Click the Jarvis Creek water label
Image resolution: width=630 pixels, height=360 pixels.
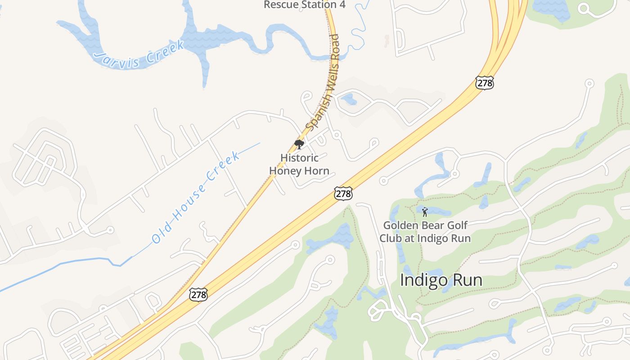tap(139, 55)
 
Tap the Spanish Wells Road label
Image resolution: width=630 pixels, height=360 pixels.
tap(323, 82)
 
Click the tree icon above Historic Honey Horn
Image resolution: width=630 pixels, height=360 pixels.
tap(299, 144)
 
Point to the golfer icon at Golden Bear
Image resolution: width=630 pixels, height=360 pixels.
tap(425, 211)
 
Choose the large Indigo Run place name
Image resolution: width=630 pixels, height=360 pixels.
tap(441, 280)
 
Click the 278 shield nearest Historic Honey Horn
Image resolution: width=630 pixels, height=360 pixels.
tap(343, 193)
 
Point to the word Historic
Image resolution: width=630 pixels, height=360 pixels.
tap(299, 158)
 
